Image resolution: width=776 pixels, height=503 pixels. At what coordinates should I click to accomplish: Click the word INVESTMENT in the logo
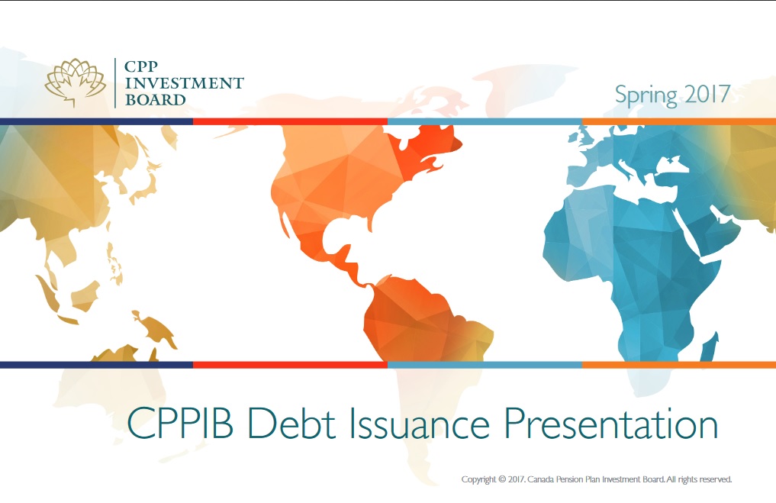click(x=184, y=83)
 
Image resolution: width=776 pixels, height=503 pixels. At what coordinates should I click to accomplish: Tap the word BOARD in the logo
click(x=155, y=99)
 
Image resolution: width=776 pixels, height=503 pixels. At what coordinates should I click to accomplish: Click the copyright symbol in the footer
click(x=501, y=480)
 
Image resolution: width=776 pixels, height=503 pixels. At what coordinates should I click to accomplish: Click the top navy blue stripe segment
click(x=96, y=121)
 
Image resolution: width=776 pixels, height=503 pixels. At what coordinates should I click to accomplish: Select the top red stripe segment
click(x=290, y=121)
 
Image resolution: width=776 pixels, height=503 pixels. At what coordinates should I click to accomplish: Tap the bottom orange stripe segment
click(x=678, y=365)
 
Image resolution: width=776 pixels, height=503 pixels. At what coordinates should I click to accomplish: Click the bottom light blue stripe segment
click(x=485, y=365)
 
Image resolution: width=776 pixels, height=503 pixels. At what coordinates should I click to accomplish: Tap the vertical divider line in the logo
click(x=115, y=82)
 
